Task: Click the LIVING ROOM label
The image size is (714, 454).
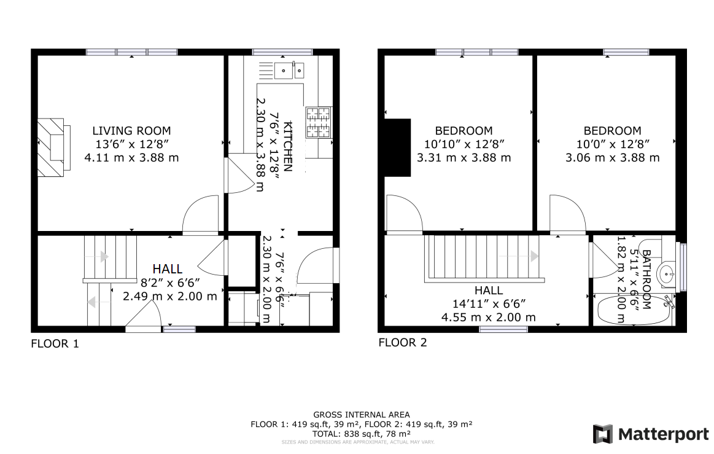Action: coord(131,131)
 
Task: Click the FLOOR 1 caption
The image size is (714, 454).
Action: coord(55,344)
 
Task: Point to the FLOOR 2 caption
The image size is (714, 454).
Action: coord(402,343)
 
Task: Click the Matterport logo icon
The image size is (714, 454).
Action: coord(603,434)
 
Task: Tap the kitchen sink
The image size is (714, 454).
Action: coord(290,71)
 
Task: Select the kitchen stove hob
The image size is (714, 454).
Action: coord(318,122)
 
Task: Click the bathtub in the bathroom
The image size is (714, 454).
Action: coord(634,310)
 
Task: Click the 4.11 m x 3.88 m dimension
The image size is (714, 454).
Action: coord(131,157)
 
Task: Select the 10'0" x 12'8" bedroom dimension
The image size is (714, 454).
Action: coord(612,144)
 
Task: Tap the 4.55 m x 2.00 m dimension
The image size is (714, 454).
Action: coord(488,318)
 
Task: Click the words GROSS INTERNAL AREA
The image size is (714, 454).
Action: coord(361,415)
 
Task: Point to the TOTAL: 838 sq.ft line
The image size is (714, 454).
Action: coord(361,433)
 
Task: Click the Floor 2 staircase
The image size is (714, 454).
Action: coord(481,257)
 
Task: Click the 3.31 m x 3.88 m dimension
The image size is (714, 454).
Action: coord(464,157)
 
